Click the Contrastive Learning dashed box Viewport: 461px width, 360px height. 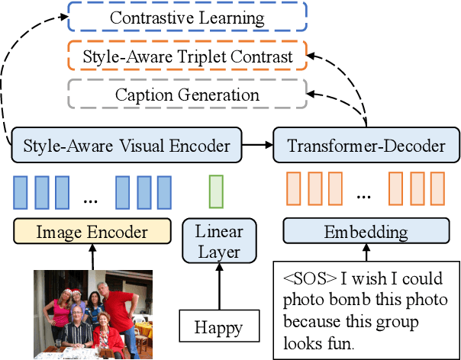187,17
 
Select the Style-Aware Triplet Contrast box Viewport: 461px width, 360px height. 187,56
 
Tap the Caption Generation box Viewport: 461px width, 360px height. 187,95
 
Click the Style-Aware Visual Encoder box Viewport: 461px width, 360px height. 127,143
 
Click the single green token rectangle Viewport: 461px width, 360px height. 216,191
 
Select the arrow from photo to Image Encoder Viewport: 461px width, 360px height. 92,257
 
